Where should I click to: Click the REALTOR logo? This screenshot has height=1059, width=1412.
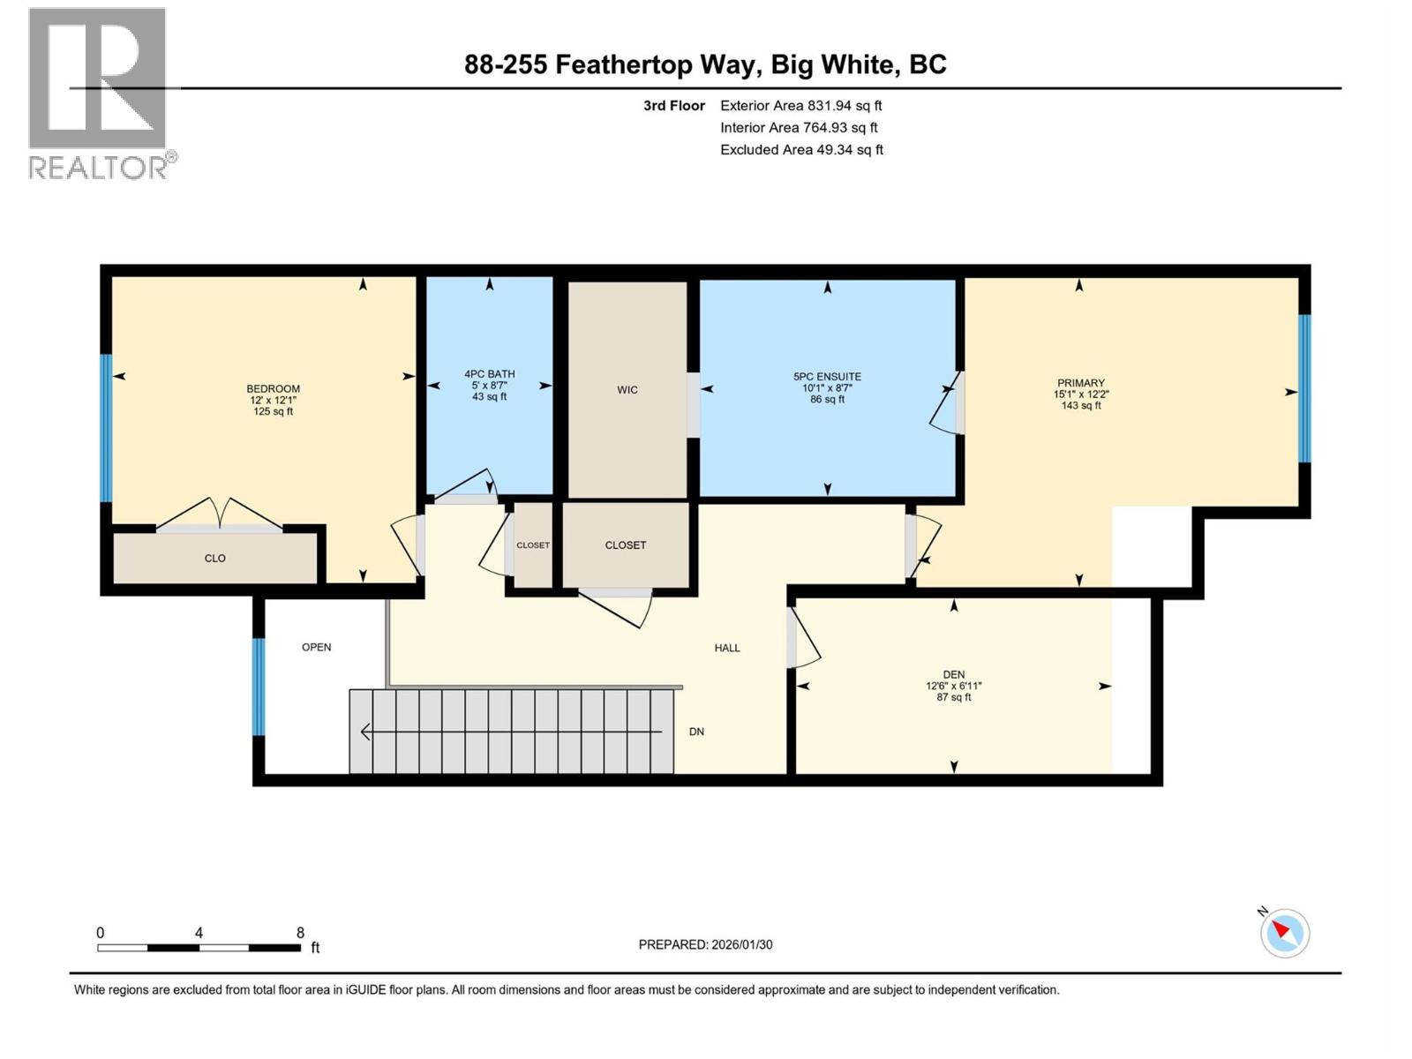coord(99,94)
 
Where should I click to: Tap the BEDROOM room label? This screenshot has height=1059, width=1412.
coord(273,389)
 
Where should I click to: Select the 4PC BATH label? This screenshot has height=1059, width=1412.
coord(490,374)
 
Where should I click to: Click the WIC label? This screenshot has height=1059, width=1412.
coord(627,390)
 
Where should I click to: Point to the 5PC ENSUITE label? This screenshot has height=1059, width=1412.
coord(827,377)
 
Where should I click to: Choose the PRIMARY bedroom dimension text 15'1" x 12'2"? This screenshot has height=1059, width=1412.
coord(1081,394)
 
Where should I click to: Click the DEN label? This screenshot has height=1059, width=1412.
coord(953,674)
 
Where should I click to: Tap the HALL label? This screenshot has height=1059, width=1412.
coord(727,648)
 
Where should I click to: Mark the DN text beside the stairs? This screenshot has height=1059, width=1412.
coord(696,732)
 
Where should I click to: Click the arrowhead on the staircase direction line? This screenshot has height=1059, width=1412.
coord(364,732)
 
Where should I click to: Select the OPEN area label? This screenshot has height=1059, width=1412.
coord(317,647)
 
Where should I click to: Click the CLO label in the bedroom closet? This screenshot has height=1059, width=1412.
coord(215,559)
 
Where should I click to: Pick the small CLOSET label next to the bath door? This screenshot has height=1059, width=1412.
coord(533,545)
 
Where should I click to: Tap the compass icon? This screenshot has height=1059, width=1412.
coord(1285,934)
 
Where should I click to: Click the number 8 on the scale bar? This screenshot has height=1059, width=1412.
coord(301,933)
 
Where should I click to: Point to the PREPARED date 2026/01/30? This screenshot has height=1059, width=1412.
coord(705,944)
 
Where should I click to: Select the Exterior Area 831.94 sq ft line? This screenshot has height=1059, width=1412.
coord(800,106)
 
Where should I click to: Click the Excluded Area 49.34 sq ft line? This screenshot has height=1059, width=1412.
coord(800,150)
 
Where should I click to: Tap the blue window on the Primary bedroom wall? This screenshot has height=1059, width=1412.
coord(1304,388)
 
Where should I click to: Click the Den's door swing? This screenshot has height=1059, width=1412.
coord(804,637)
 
